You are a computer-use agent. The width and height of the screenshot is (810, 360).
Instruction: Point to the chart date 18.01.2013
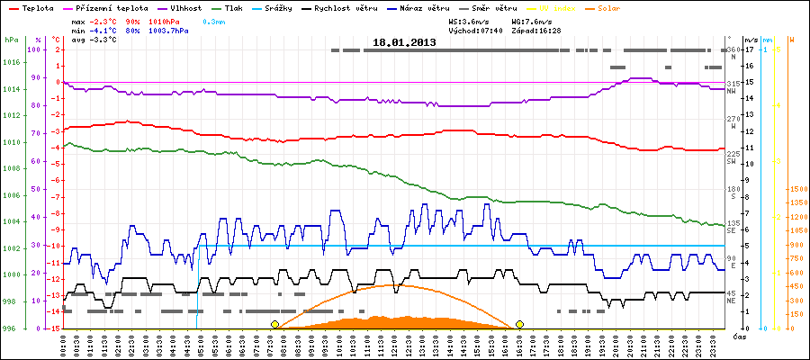tap(405, 42)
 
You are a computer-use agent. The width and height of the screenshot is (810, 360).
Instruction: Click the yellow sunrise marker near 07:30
tap(274, 324)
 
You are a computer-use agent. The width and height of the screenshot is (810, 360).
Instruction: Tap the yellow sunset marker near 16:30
tap(519, 324)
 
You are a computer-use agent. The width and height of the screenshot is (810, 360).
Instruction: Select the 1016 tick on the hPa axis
tap(11, 62)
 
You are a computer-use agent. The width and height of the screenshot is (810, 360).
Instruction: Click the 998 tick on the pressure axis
tap(11, 301)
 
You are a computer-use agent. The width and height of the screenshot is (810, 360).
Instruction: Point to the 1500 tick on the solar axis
tap(796, 190)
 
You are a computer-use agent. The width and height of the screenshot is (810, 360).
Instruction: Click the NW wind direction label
tap(733, 91)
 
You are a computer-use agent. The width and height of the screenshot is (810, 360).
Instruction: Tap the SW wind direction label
tap(733, 161)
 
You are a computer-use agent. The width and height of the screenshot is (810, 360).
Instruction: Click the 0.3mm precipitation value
tap(213, 20)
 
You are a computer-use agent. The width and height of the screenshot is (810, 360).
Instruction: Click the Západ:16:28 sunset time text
tap(537, 30)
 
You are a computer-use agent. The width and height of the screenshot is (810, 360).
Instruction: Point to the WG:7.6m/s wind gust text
tap(530, 20)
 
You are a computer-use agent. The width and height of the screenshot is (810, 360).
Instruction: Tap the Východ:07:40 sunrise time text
tap(474, 30)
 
